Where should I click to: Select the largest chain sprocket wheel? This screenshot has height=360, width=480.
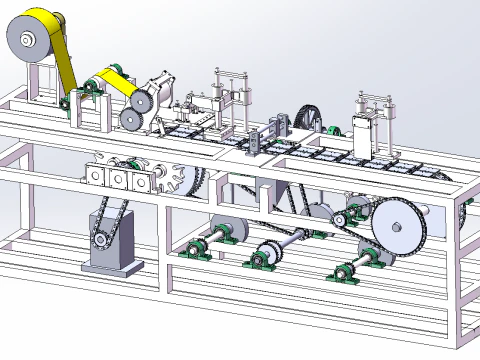coord(399,228)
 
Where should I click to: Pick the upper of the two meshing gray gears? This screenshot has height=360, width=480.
coord(138,99)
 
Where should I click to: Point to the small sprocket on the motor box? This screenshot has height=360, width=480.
coord(100,240)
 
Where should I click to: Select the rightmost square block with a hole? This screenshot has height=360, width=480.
coord(138,179)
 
